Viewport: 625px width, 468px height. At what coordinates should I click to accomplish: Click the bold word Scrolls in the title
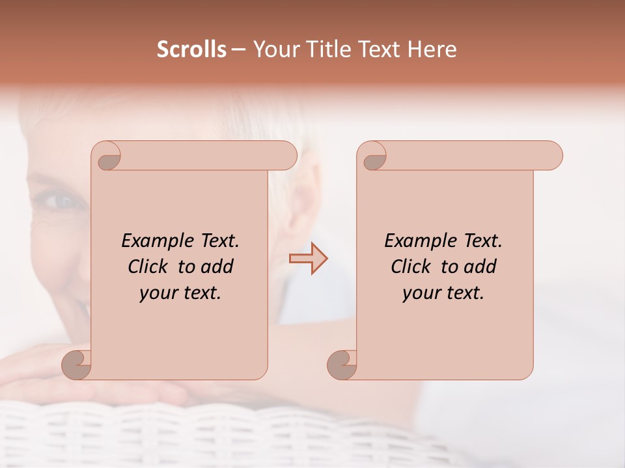[191, 49]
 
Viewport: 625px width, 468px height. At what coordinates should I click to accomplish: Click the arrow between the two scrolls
[308, 259]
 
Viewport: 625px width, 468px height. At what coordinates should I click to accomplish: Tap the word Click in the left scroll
[150, 266]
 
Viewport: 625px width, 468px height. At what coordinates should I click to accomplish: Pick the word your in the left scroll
[158, 294]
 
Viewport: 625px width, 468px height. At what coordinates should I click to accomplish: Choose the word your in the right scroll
[421, 294]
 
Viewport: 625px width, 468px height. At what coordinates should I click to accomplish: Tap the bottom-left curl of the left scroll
[77, 364]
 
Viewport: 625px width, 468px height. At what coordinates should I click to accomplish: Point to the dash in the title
[239, 50]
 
